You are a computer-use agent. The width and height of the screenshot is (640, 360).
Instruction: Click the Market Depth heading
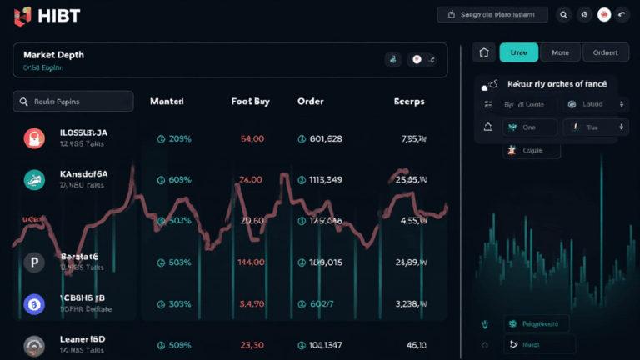53,54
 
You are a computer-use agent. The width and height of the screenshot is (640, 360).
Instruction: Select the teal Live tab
518,52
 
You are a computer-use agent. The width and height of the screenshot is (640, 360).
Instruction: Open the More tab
560,52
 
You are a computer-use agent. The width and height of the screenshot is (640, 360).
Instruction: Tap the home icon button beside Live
484,52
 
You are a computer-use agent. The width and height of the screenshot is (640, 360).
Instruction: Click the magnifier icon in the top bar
564,14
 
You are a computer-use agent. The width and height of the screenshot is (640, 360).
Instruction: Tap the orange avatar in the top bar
605,14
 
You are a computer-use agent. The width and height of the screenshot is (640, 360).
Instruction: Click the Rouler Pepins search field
73,102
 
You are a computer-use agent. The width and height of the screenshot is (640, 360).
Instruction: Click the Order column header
310,102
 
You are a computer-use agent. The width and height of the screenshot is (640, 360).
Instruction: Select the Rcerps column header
408,102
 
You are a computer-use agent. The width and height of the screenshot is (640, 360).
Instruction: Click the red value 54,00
252,138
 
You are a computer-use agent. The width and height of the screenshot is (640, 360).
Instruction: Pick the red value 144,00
252,262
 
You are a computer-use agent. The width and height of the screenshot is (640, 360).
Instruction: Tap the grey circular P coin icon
34,262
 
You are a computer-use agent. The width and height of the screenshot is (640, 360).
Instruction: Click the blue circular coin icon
34,303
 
